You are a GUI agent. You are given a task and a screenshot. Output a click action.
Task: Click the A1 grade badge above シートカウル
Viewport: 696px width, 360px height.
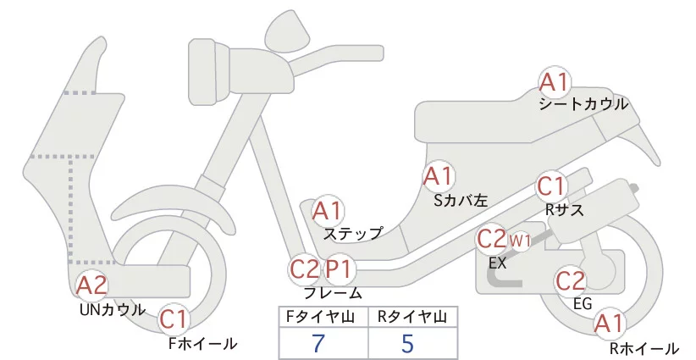click(x=555, y=82)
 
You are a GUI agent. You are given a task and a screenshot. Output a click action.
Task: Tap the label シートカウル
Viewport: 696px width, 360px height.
click(x=583, y=104)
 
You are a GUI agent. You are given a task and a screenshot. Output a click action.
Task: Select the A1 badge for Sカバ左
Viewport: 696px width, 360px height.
click(x=439, y=176)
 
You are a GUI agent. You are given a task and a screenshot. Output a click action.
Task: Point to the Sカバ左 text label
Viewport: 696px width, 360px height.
click(x=461, y=201)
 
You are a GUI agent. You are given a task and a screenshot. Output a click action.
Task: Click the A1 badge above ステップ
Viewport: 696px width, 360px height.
click(x=328, y=210)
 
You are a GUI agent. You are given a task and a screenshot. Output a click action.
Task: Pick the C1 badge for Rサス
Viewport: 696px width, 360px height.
click(x=552, y=186)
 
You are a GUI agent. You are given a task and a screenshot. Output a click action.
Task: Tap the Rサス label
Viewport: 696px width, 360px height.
click(x=564, y=210)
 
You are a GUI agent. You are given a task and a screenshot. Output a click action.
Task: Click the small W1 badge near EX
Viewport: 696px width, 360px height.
click(x=519, y=241)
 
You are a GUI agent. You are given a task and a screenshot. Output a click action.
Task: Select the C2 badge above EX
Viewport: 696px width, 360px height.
click(x=492, y=239)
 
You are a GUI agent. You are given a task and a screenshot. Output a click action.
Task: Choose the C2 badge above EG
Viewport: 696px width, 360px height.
click(x=570, y=279)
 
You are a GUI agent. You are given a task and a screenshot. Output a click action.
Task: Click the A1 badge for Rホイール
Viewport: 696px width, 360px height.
click(x=608, y=323)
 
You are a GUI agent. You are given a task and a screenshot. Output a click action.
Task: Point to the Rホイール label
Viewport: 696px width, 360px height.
click(x=644, y=347)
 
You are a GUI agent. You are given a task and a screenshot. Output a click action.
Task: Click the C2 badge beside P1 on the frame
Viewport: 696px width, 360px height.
click(x=305, y=269)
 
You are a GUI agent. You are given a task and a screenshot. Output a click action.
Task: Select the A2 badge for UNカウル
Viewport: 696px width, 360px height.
click(x=91, y=285)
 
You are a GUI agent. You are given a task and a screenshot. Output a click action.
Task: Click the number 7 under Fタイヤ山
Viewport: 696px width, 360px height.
click(x=318, y=342)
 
